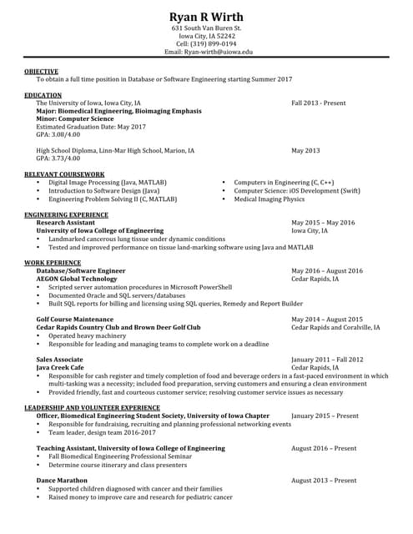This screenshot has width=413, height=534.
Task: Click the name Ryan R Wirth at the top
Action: tap(206, 18)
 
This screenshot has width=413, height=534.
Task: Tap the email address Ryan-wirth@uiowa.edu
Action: tap(208, 52)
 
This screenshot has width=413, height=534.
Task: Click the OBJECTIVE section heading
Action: tap(41, 72)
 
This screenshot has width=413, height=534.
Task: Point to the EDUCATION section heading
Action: tap(43, 96)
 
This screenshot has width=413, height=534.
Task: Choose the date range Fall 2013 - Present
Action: tap(318, 103)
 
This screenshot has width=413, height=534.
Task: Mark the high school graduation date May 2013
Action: tap(305, 151)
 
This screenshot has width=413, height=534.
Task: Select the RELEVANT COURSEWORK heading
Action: tap(63, 174)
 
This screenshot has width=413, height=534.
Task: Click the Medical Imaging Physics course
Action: tap(269, 199)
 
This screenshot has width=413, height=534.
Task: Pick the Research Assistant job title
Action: tap(65, 223)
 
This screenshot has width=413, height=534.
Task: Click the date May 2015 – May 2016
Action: tap(323, 223)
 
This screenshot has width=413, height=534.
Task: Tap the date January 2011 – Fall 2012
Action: tap(327, 359)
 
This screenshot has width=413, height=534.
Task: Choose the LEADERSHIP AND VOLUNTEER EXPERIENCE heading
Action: tap(92, 407)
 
